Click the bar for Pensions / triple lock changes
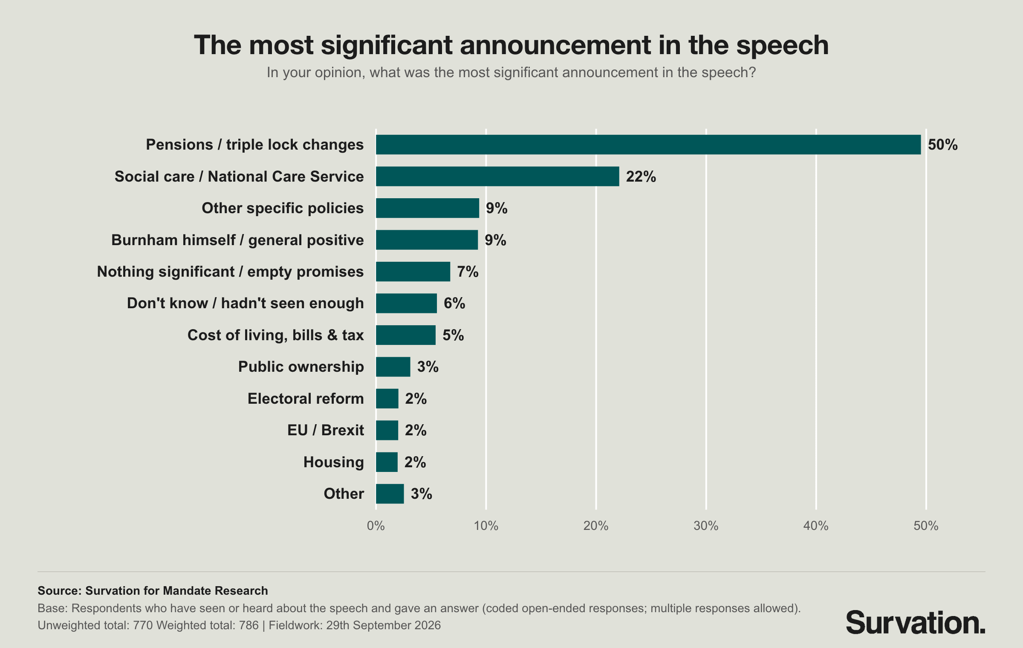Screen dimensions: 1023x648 648,145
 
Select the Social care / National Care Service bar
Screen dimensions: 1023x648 497,176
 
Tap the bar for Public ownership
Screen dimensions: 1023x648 393,367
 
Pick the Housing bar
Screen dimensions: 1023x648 387,462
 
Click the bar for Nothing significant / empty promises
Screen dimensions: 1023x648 413,272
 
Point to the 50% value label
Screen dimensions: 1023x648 943,145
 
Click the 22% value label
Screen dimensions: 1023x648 641,176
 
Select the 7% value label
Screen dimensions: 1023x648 468,272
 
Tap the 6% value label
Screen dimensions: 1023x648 454,303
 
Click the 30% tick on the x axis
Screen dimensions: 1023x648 706,526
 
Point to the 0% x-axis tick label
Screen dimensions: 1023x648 376,526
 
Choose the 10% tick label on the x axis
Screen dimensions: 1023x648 486,526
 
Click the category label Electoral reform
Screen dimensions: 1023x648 306,399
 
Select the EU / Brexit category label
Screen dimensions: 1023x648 326,430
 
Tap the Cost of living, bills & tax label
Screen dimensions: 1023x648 276,335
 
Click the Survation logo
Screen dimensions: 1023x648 916,623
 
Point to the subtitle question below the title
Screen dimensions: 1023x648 511,72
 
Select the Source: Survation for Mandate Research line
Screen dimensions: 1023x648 153,590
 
